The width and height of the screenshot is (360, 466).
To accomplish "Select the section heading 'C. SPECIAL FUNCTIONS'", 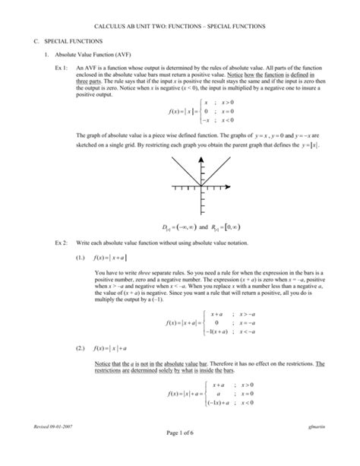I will (71, 40).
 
